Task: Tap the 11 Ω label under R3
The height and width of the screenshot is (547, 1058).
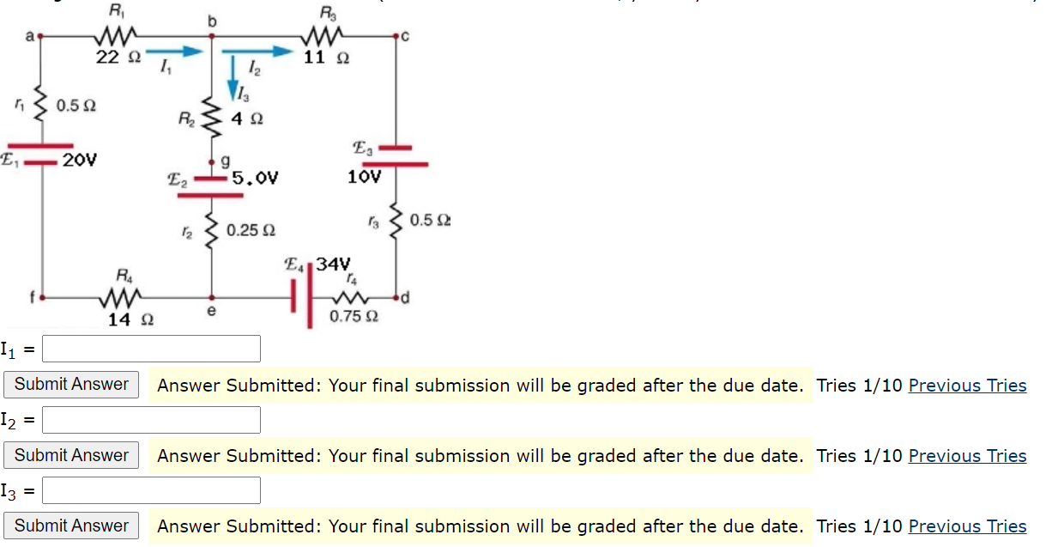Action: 327,58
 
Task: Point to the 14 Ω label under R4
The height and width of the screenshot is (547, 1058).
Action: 130,319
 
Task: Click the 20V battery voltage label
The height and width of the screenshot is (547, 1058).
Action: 80,161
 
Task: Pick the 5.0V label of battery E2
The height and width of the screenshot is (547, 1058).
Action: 255,179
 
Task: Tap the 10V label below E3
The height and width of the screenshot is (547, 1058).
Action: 364,177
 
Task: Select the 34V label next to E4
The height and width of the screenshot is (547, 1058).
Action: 334,263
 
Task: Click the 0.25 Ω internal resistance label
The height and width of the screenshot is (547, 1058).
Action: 251,231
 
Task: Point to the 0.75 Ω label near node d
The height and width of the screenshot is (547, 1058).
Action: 354,317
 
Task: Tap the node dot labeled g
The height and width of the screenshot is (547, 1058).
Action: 213,161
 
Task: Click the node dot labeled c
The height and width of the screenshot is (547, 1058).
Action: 396,37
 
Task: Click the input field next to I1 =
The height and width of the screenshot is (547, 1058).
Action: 151,349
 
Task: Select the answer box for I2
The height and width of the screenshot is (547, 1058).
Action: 151,419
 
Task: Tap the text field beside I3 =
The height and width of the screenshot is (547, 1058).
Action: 151,490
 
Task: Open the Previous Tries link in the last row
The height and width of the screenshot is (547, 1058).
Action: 967,526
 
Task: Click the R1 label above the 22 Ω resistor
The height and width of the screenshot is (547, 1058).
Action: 115,11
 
